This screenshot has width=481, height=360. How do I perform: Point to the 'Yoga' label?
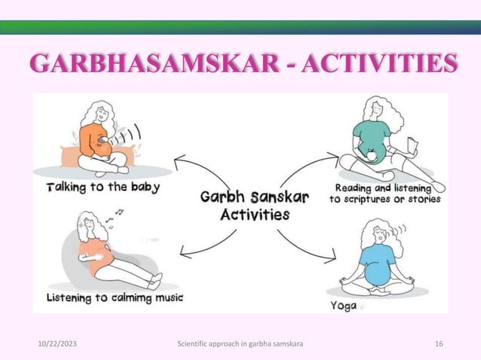[344, 306]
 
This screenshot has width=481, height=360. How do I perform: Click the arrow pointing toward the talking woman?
[192, 167]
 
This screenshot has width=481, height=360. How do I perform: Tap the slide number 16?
[439, 344]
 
